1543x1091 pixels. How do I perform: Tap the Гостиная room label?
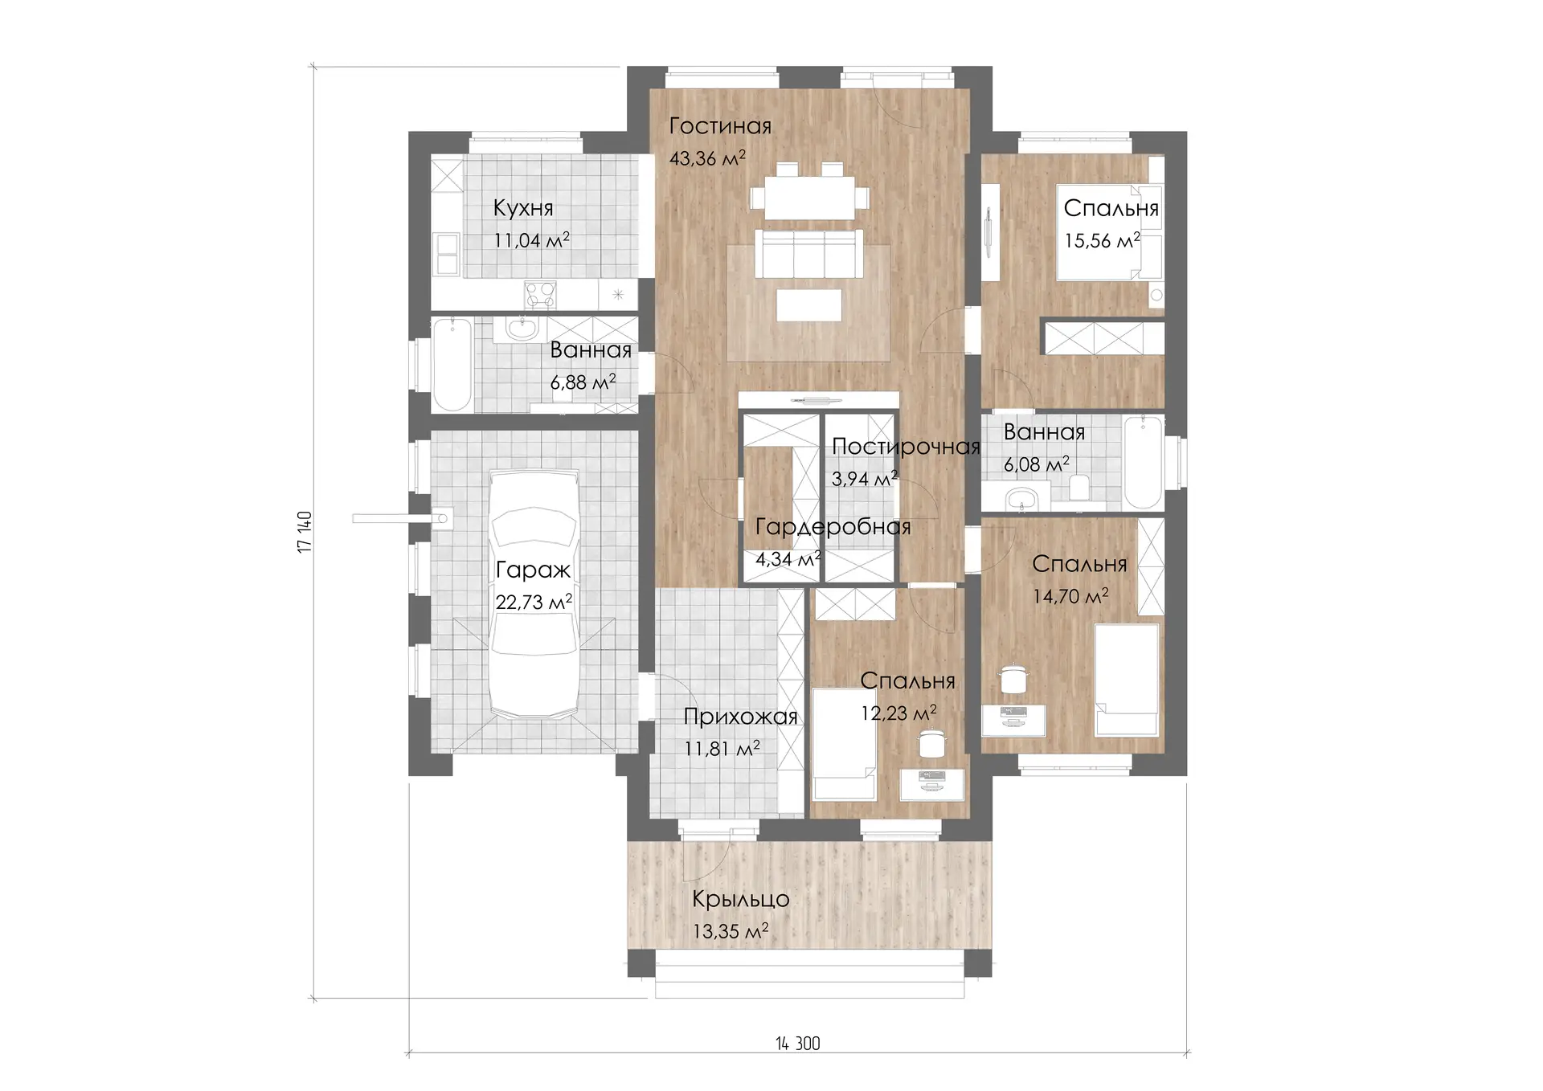[720, 126]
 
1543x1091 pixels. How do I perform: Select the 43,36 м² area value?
[707, 158]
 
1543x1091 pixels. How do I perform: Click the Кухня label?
[523, 208]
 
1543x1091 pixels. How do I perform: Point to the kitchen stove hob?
[539, 293]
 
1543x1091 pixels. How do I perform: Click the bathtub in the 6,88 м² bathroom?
[452, 364]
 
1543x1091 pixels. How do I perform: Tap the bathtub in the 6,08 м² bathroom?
[1142, 462]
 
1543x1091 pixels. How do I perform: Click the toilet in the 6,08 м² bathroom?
[1079, 487]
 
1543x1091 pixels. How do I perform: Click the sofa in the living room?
[809, 253]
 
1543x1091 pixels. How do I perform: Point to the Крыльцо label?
[740, 899]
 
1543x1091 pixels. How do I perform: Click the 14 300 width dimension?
[798, 1043]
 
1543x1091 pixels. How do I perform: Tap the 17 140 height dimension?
[305, 532]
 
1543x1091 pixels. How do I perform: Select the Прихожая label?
[740, 717]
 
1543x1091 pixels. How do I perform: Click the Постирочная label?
[906, 447]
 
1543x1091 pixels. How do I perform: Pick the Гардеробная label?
[833, 527]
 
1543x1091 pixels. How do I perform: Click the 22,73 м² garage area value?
[534, 602]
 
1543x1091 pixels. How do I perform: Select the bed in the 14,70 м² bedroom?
[1127, 680]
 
